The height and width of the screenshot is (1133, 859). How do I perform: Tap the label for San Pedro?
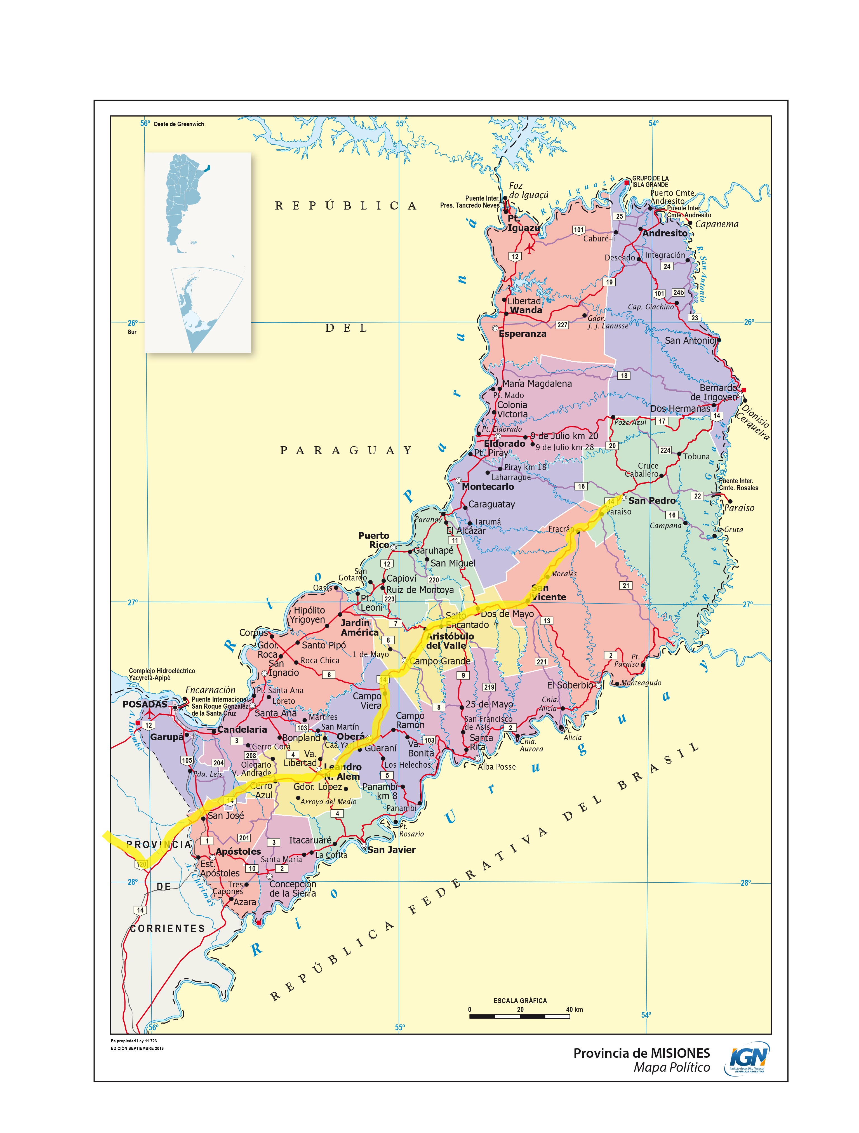coord(651,500)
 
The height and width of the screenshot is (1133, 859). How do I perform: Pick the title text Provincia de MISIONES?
coord(641,1053)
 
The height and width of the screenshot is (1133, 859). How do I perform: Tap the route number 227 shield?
coord(562,325)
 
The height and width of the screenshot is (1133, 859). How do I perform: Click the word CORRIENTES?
coord(167,928)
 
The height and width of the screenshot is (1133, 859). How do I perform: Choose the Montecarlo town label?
coord(488,486)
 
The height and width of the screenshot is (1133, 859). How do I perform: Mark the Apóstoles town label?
coord(238,851)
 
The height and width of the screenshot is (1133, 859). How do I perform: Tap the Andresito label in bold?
coord(665,233)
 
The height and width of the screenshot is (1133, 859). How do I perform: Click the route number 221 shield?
coord(542,662)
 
